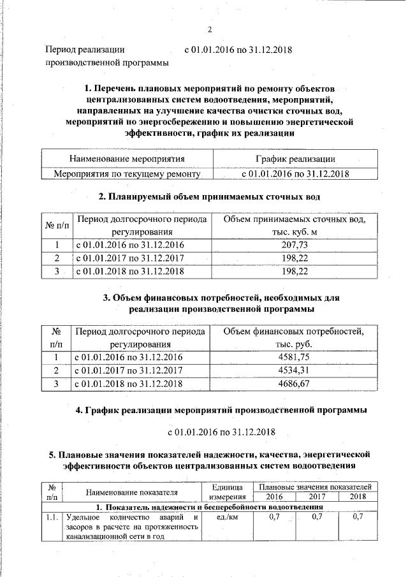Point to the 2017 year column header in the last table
pyautogui.click(x=317, y=496)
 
